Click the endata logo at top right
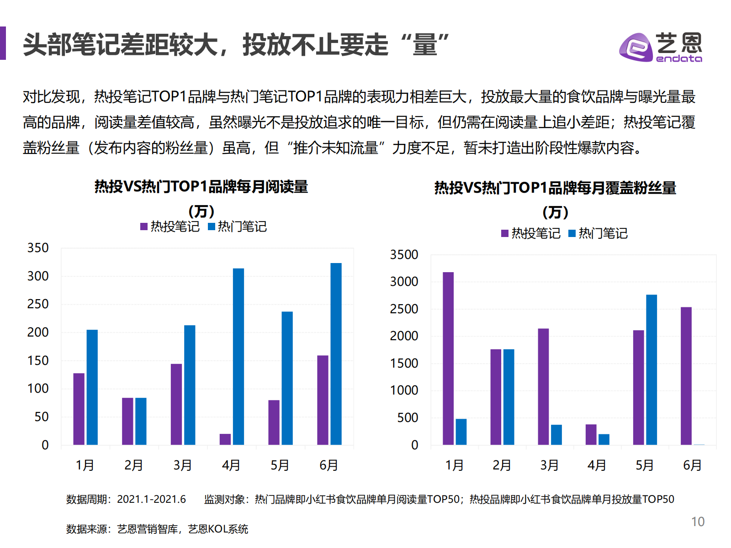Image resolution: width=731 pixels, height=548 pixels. point(661,47)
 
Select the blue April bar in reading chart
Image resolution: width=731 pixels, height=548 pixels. point(238,356)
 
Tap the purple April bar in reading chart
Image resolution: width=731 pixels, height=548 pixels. point(225,439)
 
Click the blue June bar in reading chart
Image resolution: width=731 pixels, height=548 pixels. point(336,354)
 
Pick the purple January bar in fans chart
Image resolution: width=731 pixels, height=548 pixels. point(448,358)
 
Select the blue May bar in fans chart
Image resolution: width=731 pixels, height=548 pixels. point(652,370)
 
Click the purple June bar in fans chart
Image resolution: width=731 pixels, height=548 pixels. point(686,376)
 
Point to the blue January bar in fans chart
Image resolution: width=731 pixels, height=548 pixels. point(461,432)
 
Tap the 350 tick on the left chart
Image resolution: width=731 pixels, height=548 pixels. point(38,248)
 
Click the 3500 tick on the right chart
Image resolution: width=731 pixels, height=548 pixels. point(404,255)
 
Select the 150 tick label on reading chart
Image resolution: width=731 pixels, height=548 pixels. point(38,361)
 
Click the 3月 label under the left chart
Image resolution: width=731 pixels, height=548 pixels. point(182,465)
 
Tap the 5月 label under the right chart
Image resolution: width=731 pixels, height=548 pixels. point(644,465)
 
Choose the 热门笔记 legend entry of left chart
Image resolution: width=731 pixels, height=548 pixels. point(237,227)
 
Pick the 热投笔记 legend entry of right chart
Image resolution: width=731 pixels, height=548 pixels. point(531,233)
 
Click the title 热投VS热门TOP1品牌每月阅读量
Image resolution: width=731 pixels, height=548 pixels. point(201,187)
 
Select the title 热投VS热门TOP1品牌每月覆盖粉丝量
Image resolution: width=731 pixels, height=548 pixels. point(555,188)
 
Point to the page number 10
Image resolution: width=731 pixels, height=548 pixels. point(698,522)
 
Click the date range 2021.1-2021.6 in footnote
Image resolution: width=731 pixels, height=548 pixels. point(151,499)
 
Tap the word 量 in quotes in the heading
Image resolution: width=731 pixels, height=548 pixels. point(425,45)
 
